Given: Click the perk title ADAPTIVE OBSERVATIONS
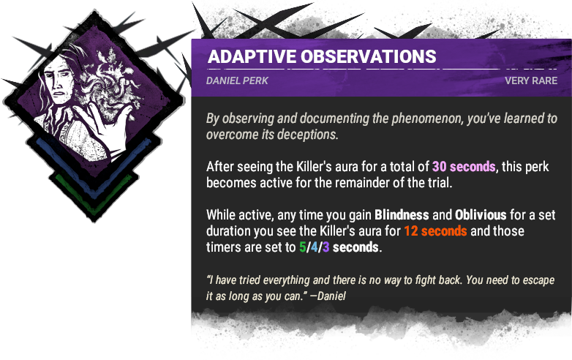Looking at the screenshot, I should (322, 57).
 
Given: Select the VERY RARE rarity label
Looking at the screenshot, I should (531, 80).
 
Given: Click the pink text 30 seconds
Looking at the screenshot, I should (464, 166).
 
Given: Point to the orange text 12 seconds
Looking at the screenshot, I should (414, 231).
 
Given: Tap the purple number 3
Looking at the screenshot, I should (325, 247).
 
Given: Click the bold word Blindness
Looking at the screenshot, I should (404, 215).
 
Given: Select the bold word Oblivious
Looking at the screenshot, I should (481, 215).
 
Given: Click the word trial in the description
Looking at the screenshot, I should (434, 182).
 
